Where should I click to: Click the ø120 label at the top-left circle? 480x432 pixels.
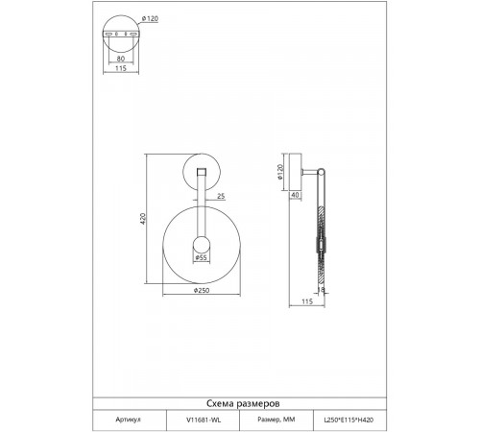(x=150, y=19)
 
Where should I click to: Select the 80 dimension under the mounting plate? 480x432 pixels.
(x=121, y=59)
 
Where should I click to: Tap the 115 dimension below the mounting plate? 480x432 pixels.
(x=121, y=68)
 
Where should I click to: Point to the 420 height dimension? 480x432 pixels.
(x=143, y=219)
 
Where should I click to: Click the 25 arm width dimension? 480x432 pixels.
(x=221, y=196)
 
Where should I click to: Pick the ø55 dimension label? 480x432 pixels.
(x=201, y=257)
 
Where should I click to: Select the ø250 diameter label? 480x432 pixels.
(x=202, y=290)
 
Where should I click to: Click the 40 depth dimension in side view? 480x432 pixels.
(x=296, y=195)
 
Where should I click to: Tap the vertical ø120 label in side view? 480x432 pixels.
(x=280, y=172)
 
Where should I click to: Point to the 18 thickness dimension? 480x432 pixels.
(x=321, y=290)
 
